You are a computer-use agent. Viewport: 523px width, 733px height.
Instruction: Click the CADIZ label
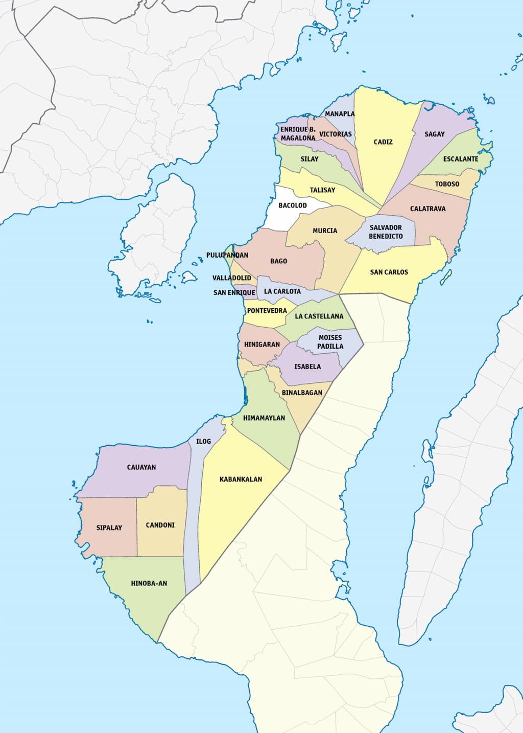(x=383, y=142)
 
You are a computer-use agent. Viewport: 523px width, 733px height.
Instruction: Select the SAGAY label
(x=435, y=134)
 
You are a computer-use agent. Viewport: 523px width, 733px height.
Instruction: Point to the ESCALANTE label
(x=461, y=159)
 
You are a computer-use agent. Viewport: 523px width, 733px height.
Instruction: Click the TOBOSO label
(x=447, y=184)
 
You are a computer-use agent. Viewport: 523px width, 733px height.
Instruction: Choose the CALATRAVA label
(x=428, y=209)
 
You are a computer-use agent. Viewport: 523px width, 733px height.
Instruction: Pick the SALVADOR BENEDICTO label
(x=386, y=232)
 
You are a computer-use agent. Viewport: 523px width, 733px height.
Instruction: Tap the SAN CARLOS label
(x=389, y=272)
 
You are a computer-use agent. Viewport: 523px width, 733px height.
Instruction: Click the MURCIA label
(x=325, y=231)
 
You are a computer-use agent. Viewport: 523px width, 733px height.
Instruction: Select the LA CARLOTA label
(x=282, y=291)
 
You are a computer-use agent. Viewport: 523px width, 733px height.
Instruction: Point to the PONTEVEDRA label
(x=267, y=311)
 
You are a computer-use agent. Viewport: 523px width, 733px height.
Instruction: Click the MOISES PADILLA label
(x=330, y=342)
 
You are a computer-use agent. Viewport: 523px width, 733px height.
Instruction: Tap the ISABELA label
(x=307, y=366)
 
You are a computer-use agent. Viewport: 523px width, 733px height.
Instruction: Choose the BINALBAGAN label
(x=302, y=393)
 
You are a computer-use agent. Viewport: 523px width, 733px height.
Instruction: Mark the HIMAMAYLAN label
(x=264, y=418)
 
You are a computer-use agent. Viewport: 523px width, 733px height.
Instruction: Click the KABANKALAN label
(x=241, y=479)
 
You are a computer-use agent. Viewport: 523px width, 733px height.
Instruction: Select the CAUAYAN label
(x=141, y=467)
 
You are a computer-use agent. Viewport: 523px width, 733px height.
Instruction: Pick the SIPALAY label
(x=109, y=528)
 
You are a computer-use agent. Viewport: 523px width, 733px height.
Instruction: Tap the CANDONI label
(x=160, y=525)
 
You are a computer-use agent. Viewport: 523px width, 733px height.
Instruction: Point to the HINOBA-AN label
(x=149, y=583)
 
